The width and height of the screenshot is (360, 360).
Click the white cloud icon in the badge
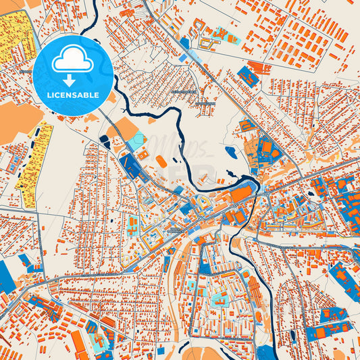coord(72,61)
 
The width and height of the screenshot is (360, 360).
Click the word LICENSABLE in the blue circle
coord(72,95)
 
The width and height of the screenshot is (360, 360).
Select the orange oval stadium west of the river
coord(161,161)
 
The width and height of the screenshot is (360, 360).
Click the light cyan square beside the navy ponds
coord(136,140)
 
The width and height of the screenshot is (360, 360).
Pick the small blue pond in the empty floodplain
coord(232,152)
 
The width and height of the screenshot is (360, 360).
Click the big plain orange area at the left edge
coord(17,122)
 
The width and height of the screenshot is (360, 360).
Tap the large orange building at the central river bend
coord(239,195)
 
